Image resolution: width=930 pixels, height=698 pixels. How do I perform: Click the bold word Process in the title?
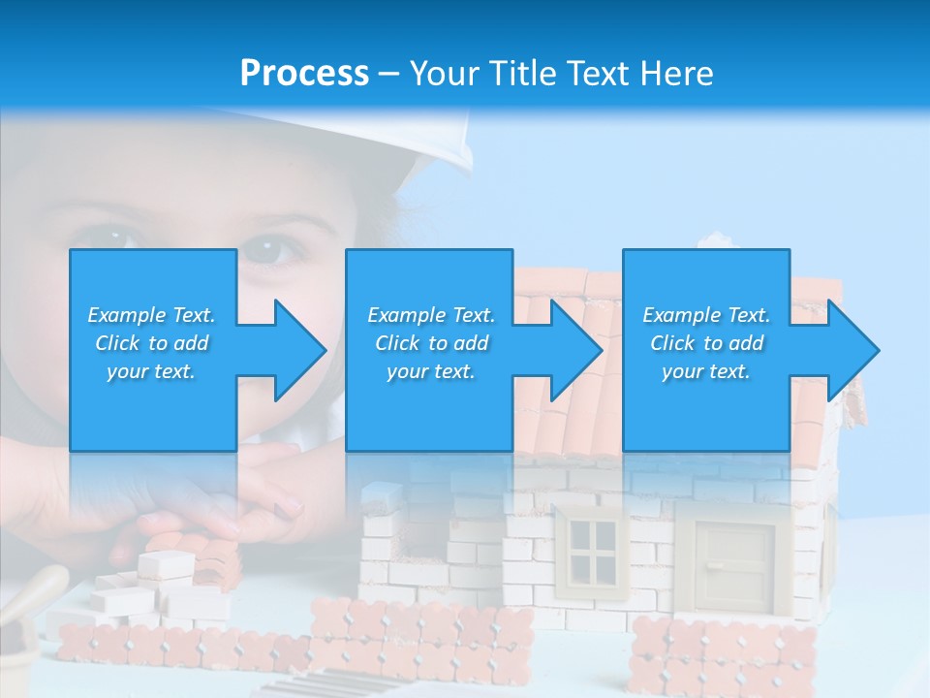(304, 74)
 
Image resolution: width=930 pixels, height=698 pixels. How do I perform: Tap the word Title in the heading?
(523, 74)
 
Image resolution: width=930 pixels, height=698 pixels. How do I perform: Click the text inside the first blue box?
(151, 343)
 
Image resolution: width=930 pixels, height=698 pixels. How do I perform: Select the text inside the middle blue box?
(431, 343)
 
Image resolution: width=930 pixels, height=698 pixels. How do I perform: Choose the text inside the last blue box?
(706, 343)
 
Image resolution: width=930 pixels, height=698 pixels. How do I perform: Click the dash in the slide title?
(388, 74)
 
